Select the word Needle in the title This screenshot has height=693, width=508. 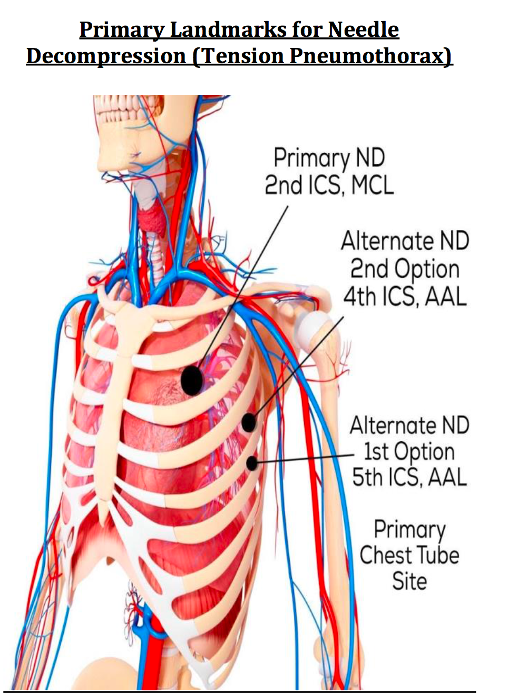click(364, 29)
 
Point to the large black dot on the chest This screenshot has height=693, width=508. click(191, 380)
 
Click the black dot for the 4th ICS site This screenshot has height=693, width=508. click(249, 422)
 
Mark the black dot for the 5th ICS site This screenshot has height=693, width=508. click(252, 463)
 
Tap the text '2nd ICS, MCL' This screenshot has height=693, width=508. click(329, 185)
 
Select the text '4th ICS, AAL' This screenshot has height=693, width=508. click(405, 297)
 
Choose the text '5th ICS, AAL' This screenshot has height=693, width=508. click(409, 478)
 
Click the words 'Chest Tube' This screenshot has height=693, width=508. click(409, 556)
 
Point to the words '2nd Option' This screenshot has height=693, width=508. click(405, 269)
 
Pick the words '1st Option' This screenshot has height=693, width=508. click(409, 451)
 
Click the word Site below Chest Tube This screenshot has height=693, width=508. click(409, 581)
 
